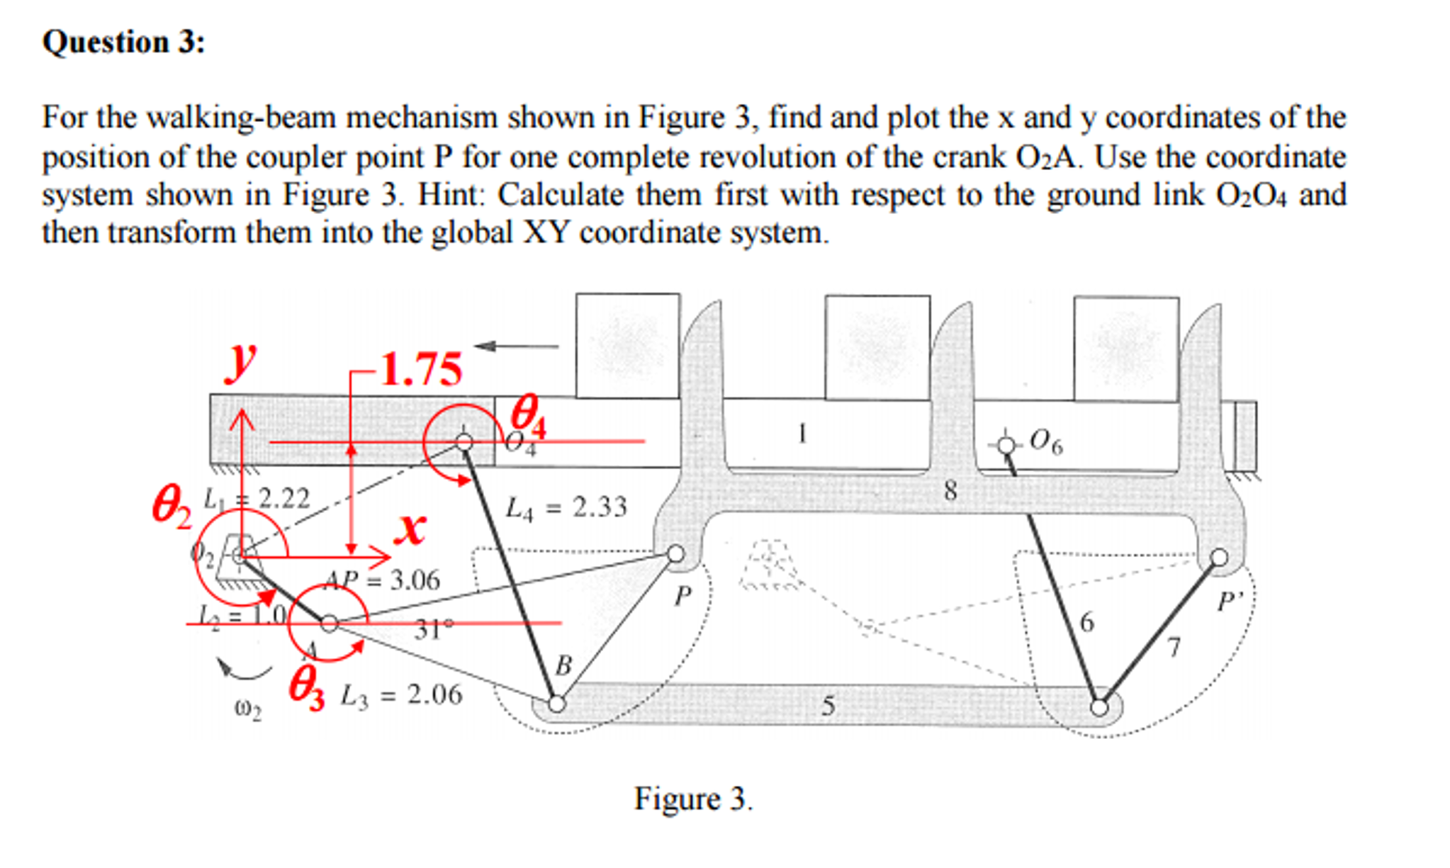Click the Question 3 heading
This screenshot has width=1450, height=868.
click(x=124, y=43)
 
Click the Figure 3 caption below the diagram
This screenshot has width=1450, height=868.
click(x=692, y=799)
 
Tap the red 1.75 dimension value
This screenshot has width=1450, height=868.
click(x=422, y=369)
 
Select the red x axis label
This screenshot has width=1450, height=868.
click(x=411, y=528)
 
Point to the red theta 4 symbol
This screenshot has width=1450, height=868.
click(x=528, y=417)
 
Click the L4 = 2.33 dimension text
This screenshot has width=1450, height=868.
click(x=566, y=508)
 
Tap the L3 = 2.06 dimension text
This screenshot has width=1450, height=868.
click(x=401, y=695)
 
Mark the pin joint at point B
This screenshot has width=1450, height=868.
click(x=557, y=704)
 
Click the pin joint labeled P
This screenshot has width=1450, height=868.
click(x=676, y=554)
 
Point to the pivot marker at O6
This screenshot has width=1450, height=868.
click(x=1006, y=445)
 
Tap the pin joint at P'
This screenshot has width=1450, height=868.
click(x=1218, y=558)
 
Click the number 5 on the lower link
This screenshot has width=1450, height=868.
click(x=828, y=706)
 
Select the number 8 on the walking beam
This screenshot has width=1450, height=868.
click(x=950, y=490)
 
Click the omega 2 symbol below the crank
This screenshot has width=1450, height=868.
click(x=247, y=709)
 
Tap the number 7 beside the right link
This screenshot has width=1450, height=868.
click(x=1174, y=647)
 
